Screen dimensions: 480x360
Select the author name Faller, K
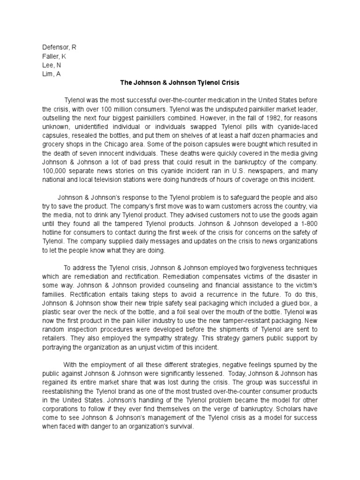54,56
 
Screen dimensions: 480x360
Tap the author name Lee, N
52,65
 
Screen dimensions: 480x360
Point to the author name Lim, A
51,74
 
